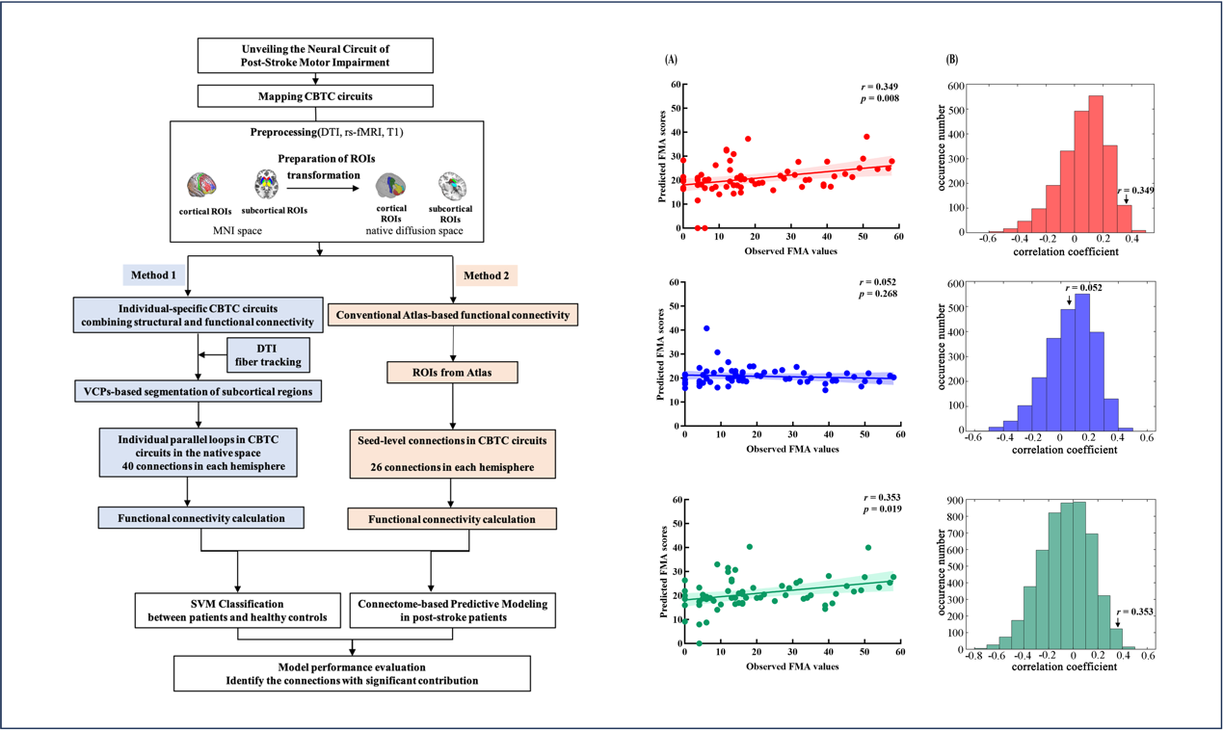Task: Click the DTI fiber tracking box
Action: [x=269, y=354]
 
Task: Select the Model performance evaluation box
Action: [x=352, y=673]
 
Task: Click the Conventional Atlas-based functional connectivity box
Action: [x=453, y=314]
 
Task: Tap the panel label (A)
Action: [x=671, y=60]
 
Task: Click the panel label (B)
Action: [x=952, y=60]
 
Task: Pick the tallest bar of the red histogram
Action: [x=1095, y=164]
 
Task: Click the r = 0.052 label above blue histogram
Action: [x=1084, y=288]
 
